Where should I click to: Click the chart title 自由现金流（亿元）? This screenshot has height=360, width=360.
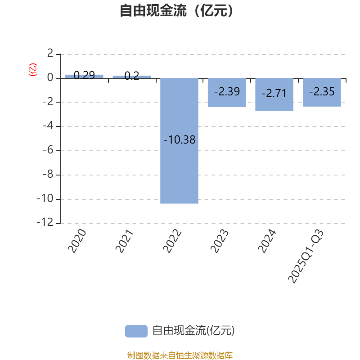pos(176,10)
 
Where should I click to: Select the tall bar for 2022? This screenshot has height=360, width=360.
pos(179,141)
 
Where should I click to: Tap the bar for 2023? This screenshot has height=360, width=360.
pos(227,93)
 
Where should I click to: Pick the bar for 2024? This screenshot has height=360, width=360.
pos(274,94)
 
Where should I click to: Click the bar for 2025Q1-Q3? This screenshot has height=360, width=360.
pos(322,93)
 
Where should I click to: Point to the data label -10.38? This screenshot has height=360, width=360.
pos(179,139)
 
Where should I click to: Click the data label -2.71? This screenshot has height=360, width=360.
pos(274,94)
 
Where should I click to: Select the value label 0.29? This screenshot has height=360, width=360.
pos(84,75)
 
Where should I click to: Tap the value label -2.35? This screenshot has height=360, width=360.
pos(322,92)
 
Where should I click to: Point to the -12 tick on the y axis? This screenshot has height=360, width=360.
pos(45,222)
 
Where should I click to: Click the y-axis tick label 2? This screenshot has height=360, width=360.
pos(50,53)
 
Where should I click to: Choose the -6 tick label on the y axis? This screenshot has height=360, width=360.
pos(48,150)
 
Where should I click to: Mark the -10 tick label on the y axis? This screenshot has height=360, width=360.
pos(45,198)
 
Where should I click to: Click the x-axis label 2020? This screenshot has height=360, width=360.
pos(77,241)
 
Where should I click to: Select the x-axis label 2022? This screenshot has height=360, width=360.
pos(172,241)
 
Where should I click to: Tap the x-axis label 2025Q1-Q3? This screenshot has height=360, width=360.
pos(306,256)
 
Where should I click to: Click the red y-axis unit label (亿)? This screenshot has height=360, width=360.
pos(33,70)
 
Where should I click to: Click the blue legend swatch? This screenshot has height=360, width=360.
pos(136,331)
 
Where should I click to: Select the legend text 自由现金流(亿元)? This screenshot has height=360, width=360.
pos(193,331)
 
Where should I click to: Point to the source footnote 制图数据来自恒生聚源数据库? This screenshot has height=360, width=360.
pos(180,355)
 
